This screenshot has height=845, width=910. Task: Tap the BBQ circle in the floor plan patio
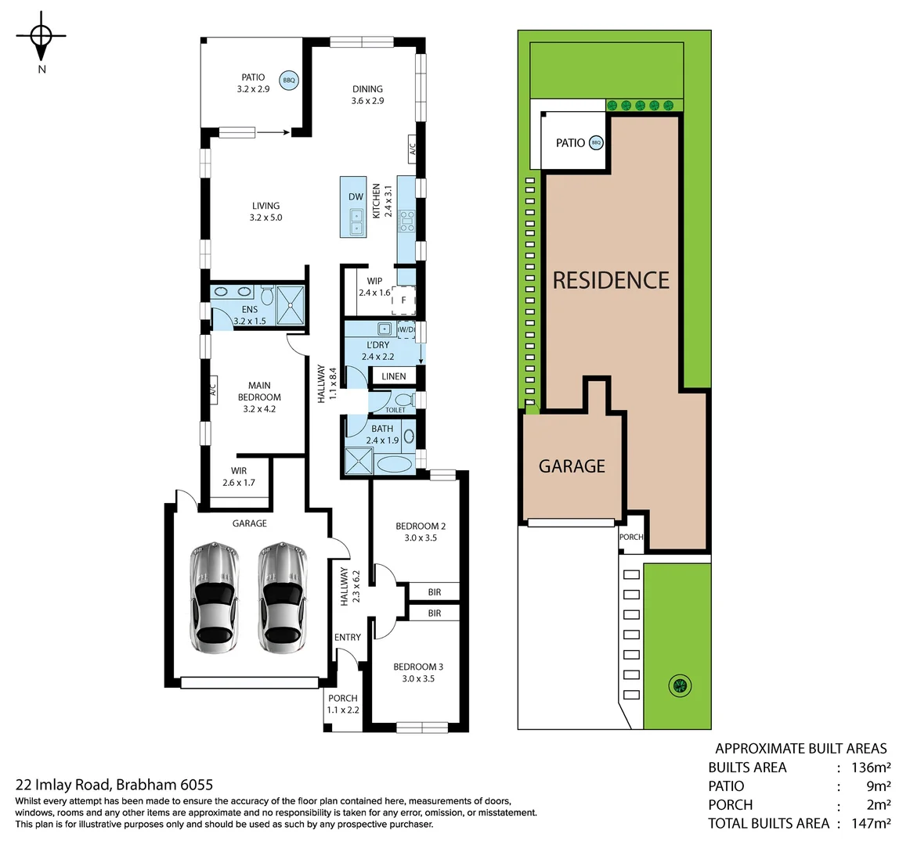(x=289, y=80)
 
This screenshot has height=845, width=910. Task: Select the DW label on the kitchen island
(x=356, y=197)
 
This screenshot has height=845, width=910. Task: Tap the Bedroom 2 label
(x=421, y=526)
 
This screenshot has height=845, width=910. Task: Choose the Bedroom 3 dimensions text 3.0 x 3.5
(x=418, y=678)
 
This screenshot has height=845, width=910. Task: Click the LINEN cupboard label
(x=394, y=376)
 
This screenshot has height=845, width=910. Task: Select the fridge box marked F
(x=403, y=300)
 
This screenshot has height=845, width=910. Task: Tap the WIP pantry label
(x=374, y=281)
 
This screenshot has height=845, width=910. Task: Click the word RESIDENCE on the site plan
(x=611, y=280)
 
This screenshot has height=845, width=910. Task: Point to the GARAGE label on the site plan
(x=572, y=466)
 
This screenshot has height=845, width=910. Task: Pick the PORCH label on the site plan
(x=631, y=537)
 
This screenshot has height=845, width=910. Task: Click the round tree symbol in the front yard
(x=680, y=686)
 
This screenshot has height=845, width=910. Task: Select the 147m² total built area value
(x=870, y=823)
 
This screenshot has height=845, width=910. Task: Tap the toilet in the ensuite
(x=267, y=296)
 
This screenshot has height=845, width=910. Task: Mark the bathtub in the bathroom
(x=394, y=464)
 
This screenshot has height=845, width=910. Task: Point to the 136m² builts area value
(x=870, y=768)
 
